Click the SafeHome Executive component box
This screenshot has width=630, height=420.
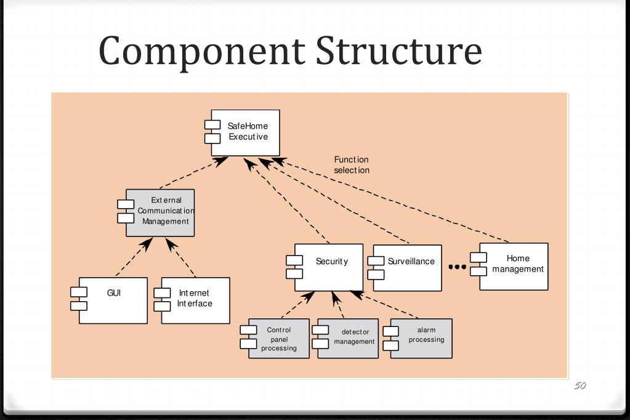(x=246, y=132)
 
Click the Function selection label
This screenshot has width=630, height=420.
(x=352, y=165)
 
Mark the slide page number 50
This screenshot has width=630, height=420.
(x=580, y=386)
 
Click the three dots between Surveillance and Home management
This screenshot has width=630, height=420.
(x=457, y=267)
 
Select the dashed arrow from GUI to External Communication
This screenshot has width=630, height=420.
(x=134, y=256)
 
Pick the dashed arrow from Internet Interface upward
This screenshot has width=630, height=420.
(x=181, y=257)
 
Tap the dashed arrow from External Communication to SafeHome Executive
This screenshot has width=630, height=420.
(x=194, y=172)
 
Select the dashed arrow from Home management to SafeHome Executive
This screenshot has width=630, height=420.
(x=390, y=200)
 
